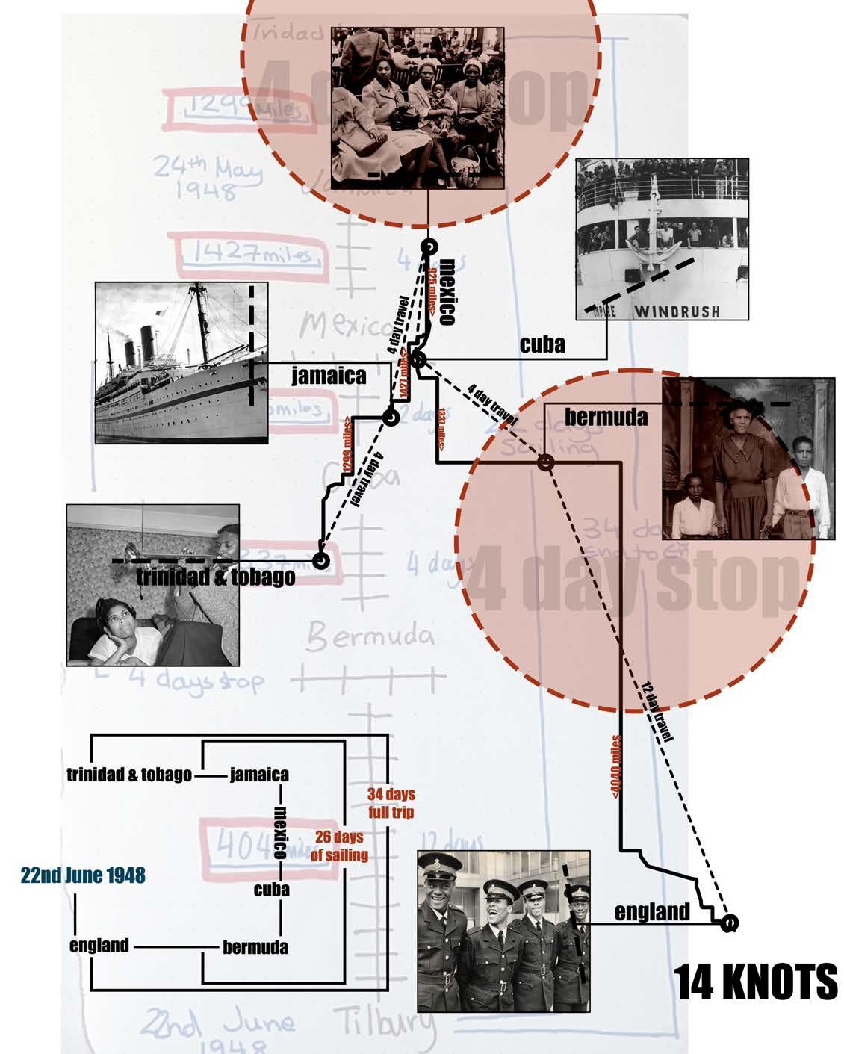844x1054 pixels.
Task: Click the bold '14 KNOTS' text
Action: pos(757,982)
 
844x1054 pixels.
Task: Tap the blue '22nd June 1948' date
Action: pos(83,875)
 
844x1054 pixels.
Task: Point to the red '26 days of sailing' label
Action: pos(339,846)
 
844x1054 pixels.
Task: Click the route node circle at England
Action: pos(729,924)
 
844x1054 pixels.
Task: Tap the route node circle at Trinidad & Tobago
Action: pos(321,559)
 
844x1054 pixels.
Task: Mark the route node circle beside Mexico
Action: pos(428,248)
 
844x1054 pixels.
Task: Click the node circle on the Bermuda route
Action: pos(546,464)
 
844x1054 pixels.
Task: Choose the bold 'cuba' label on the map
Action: pos(542,344)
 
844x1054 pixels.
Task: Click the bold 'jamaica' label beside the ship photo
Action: pos(329,375)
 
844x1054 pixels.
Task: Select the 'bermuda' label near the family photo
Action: pos(606,416)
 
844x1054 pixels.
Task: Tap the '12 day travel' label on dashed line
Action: pos(657,715)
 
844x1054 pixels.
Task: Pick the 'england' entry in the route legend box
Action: pos(99,946)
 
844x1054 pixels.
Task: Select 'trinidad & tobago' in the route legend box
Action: pos(129,775)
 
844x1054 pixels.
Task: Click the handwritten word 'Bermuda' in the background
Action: pos(370,637)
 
